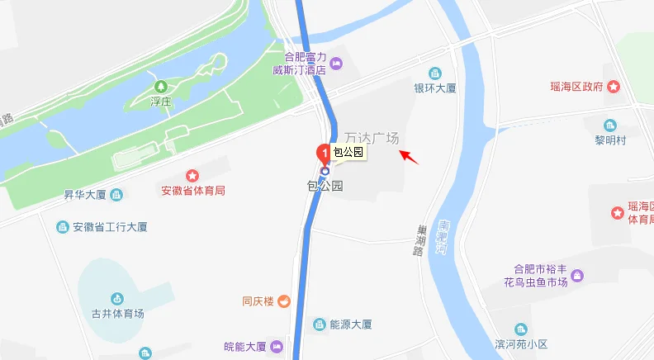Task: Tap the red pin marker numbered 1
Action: pos(324,152)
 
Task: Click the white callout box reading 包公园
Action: pos(348,152)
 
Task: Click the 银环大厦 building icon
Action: pos(435,73)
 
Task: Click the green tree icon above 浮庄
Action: pos(160,86)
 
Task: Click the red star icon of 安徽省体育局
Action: pos(192,175)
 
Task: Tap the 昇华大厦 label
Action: pos(86,195)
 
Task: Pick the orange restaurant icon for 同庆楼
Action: pos(283,301)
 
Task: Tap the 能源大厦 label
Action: pos(351,324)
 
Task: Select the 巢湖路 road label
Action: pos(419,241)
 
